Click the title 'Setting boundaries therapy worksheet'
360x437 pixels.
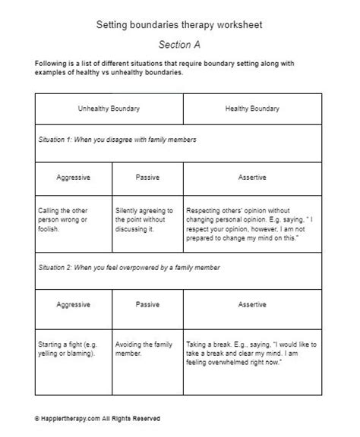(179, 24)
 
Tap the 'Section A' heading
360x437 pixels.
(179, 45)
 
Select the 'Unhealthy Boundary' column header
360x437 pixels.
(109, 109)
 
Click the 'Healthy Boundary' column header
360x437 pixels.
(253, 109)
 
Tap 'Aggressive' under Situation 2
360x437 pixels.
(74, 305)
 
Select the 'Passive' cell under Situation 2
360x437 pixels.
(147, 305)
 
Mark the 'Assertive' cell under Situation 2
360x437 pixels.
(253, 305)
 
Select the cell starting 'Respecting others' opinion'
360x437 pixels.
(251, 218)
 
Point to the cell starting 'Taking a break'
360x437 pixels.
(251, 354)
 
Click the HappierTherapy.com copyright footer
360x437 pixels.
(97, 418)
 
